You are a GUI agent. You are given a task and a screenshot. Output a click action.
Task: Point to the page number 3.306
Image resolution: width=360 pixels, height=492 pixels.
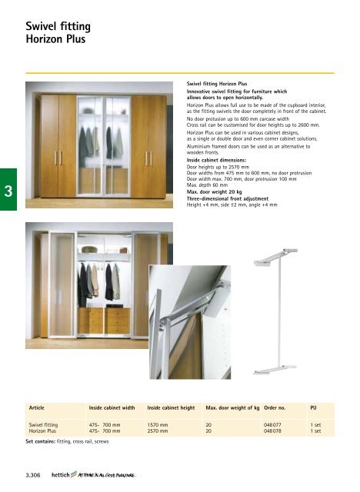coord(35,477)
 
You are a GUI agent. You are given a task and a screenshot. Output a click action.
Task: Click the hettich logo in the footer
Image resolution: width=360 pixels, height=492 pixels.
coord(64,477)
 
